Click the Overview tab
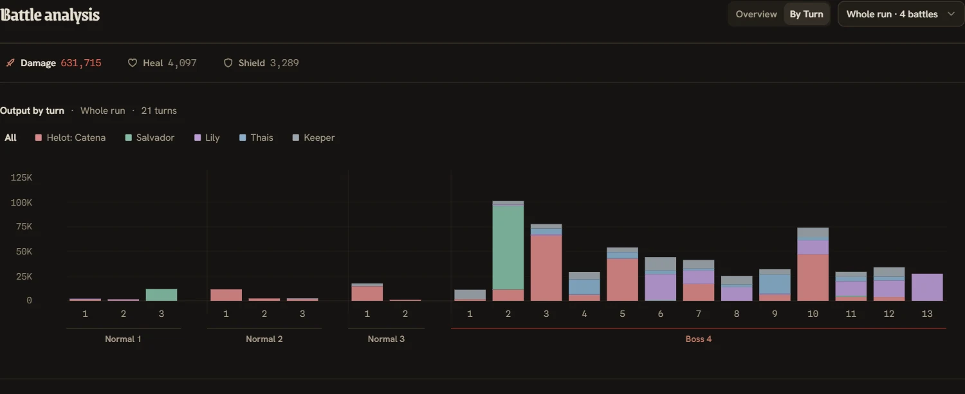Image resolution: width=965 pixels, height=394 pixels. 756,14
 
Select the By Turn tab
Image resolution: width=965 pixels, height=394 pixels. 806,14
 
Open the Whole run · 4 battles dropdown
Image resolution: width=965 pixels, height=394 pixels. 901,14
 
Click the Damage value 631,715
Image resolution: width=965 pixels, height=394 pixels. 81,63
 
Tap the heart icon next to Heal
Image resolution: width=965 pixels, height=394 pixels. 133,63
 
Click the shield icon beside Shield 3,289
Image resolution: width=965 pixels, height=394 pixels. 228,63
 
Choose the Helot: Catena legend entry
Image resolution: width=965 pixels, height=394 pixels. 70,138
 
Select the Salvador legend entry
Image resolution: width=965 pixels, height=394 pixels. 149,138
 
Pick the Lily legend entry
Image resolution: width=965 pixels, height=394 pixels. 207,138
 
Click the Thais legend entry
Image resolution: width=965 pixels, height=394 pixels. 256,138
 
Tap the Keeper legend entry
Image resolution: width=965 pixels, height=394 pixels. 313,138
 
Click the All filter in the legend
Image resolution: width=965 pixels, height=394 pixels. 10,138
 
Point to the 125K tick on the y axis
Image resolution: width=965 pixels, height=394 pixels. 21,177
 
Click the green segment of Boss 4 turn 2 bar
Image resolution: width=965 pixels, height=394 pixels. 508,247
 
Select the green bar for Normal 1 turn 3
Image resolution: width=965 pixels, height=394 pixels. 161,295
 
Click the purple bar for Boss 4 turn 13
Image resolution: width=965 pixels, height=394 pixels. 927,287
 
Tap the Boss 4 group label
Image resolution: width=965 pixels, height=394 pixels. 698,339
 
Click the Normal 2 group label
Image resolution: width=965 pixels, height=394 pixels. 264,339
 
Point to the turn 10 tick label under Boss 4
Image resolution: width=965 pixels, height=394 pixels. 813,314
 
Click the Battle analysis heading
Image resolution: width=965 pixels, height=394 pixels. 50,15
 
